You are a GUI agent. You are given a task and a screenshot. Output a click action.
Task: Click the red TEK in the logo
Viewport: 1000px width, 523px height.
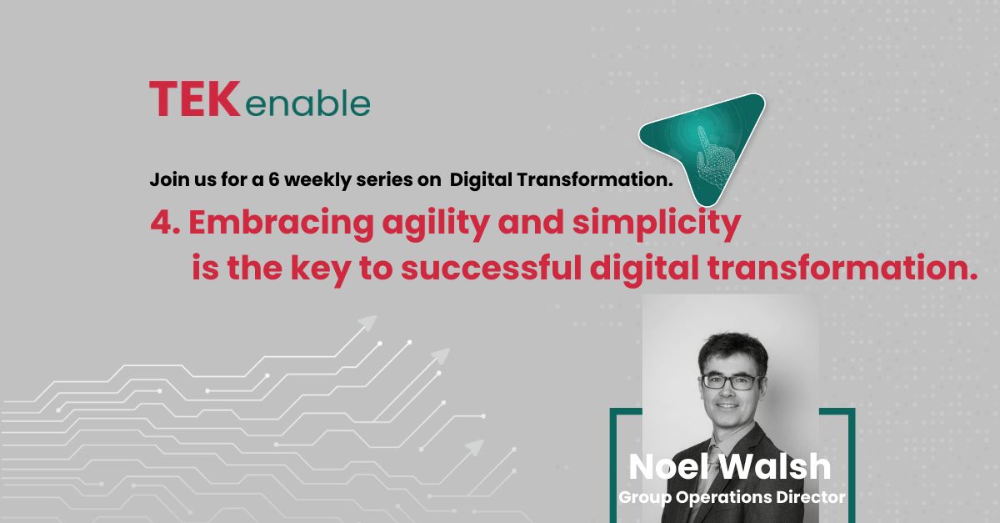tap(195, 99)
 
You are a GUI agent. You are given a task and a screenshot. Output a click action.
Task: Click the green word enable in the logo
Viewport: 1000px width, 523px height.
tap(307, 103)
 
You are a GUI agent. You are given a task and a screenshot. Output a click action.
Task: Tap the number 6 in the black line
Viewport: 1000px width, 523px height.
tap(273, 179)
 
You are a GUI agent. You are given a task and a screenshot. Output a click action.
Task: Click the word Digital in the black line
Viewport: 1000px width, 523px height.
tap(482, 180)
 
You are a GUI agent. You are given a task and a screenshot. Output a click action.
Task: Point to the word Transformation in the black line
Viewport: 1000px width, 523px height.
tap(595, 179)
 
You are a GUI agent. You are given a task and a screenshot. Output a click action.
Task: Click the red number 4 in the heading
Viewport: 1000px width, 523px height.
tap(162, 222)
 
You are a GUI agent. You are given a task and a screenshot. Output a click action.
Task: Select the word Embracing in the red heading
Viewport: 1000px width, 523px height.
tap(282, 223)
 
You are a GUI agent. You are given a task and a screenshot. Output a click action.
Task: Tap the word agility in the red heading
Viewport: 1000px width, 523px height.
tap(436, 224)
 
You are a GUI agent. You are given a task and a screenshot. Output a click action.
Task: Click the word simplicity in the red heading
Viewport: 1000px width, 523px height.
tap(657, 224)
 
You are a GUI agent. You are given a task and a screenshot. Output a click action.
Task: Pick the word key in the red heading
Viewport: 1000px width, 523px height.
tap(321, 269)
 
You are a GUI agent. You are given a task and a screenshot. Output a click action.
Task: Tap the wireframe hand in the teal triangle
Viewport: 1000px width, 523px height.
tap(714, 154)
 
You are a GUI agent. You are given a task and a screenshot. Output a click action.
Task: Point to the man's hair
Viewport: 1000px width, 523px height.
tap(733, 353)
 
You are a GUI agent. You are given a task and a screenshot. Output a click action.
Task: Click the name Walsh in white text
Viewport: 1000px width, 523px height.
tap(776, 467)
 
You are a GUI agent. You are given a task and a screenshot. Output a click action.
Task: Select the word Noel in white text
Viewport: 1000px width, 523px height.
tap(668, 467)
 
